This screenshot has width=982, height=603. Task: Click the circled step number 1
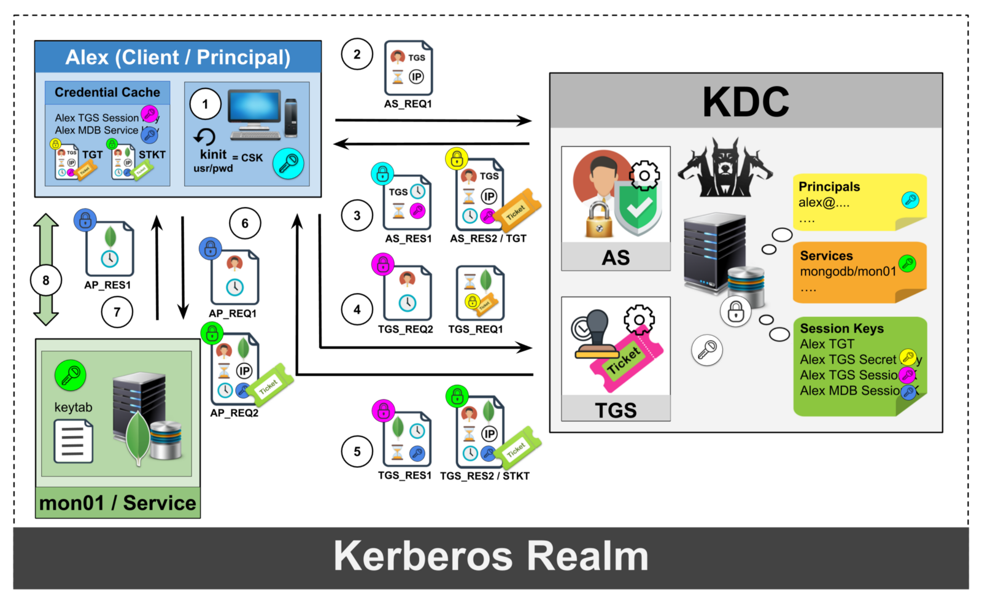click(x=205, y=104)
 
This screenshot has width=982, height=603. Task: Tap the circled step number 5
click(x=357, y=452)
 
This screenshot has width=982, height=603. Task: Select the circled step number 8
click(x=45, y=281)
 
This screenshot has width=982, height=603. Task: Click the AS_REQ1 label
click(x=408, y=104)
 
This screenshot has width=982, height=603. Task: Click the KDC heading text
click(x=746, y=101)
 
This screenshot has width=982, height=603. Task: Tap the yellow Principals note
click(x=859, y=202)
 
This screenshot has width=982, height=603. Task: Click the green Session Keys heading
click(x=841, y=329)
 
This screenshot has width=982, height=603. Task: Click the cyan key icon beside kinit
click(x=288, y=163)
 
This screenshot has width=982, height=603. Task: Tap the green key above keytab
click(x=70, y=375)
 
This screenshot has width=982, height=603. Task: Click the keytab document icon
click(x=73, y=441)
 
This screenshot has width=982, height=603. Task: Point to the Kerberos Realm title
click(x=490, y=556)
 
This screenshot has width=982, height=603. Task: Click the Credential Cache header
click(x=107, y=93)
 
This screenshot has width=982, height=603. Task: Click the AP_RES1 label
click(x=107, y=285)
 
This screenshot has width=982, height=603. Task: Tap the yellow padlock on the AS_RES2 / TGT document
click(x=457, y=159)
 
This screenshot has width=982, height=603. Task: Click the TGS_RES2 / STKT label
click(x=484, y=476)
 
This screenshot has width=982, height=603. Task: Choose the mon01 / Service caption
click(x=117, y=503)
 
